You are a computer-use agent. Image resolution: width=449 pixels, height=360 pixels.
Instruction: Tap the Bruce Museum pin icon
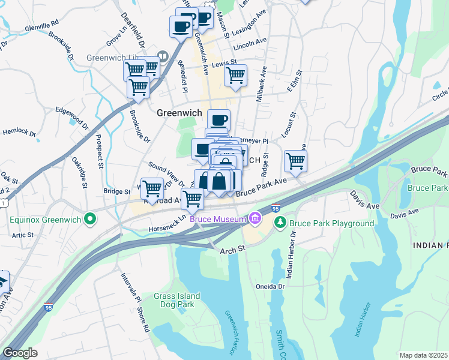pyautogui.click(x=255, y=219)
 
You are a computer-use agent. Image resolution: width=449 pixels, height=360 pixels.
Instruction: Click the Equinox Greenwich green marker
pyautogui.click(x=90, y=219)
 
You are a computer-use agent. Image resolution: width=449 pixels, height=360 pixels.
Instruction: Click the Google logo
pyautogui.click(x=20, y=353)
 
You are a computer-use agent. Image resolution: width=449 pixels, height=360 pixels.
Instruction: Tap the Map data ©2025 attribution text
pyautogui.click(x=424, y=355)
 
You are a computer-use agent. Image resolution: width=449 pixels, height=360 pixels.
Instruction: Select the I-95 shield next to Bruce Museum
pyautogui.click(x=276, y=208)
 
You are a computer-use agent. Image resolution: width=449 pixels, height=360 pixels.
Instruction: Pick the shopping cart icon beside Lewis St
pyautogui.click(x=235, y=76)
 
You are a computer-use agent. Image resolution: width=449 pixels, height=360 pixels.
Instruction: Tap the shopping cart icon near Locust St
pyautogui.click(x=295, y=160)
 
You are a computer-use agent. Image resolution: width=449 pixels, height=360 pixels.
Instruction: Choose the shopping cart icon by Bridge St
pyautogui.click(x=152, y=188)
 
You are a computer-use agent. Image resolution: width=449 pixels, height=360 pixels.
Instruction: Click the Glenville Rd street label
pyautogui.click(x=41, y=28)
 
